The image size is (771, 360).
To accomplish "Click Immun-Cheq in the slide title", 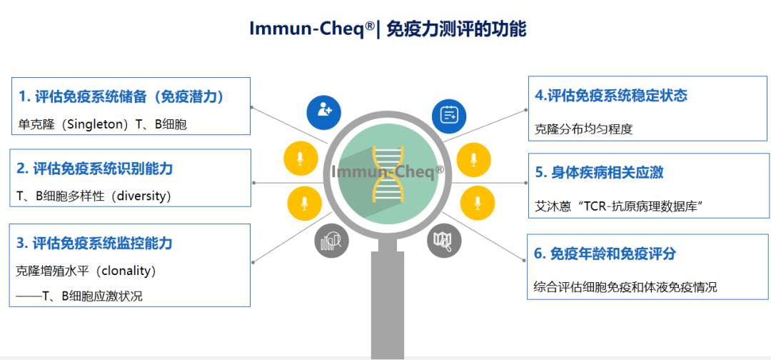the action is [311, 29].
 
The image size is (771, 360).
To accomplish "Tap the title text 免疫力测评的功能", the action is [457, 29].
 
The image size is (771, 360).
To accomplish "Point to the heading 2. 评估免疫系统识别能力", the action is [95, 169].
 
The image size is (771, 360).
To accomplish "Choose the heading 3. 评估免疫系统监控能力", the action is [94, 244].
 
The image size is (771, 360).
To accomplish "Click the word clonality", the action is [131, 271].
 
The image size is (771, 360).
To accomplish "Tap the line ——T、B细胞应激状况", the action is [80, 296].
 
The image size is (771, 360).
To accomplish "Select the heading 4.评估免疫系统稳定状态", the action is [610, 96].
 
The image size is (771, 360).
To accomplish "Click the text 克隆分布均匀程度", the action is [583, 129].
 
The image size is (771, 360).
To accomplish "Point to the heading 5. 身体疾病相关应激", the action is [600, 173].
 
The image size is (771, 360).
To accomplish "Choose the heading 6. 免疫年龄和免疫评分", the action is [605, 254].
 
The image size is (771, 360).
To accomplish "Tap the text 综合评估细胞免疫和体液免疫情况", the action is [625, 287].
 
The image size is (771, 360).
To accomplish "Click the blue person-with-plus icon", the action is [324, 112].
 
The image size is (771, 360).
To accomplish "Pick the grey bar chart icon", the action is [332, 241].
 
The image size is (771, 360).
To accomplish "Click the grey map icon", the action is [444, 241].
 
